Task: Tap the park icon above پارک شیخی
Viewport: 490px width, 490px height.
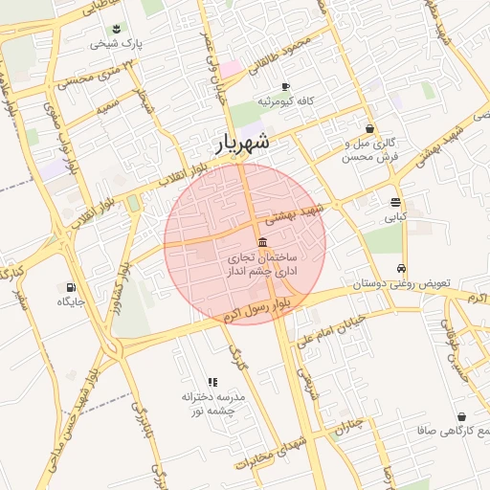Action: click(116, 29)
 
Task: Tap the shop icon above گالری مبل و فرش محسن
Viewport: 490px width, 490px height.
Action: click(370, 128)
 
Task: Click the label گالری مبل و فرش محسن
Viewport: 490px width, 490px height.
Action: click(370, 149)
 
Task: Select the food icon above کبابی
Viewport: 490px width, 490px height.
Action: click(395, 202)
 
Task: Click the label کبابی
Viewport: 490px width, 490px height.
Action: click(395, 217)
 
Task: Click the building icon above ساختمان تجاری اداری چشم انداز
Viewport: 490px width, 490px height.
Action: click(263, 241)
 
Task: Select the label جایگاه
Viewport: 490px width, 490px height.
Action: click(71, 301)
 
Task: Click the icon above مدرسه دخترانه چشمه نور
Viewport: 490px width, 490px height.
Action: click(212, 382)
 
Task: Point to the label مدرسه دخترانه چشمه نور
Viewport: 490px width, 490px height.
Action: click(214, 402)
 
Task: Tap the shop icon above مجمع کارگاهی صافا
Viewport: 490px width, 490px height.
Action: click(462, 417)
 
